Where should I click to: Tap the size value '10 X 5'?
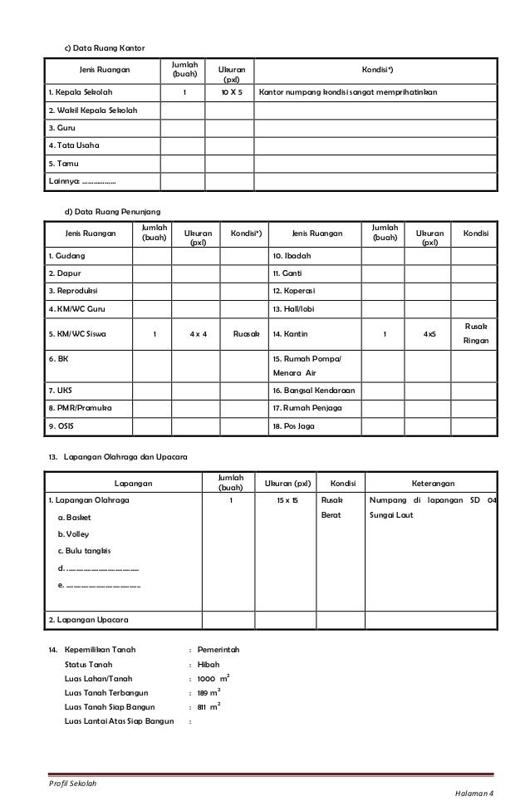point(231,91)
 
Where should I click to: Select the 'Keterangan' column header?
point(439,483)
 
